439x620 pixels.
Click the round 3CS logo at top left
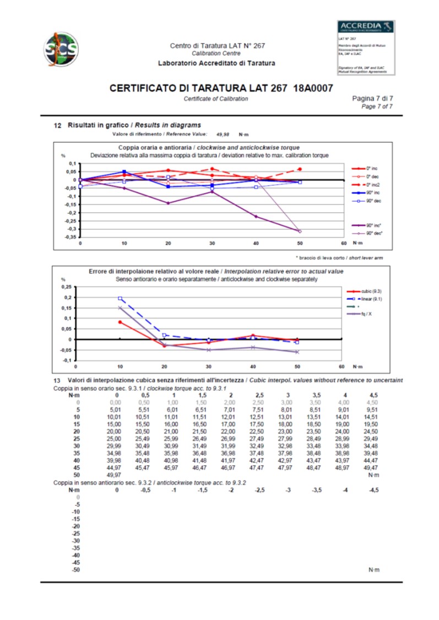61,47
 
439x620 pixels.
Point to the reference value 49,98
223,134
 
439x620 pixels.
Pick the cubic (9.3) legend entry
369,290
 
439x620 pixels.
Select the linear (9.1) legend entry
369,298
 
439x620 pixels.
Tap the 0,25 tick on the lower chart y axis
66,287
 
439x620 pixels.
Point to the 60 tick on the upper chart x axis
342,244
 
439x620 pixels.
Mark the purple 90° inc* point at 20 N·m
168,203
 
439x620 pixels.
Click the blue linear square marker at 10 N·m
120,298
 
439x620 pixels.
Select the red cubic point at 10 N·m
120,322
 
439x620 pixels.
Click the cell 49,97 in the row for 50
116,474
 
